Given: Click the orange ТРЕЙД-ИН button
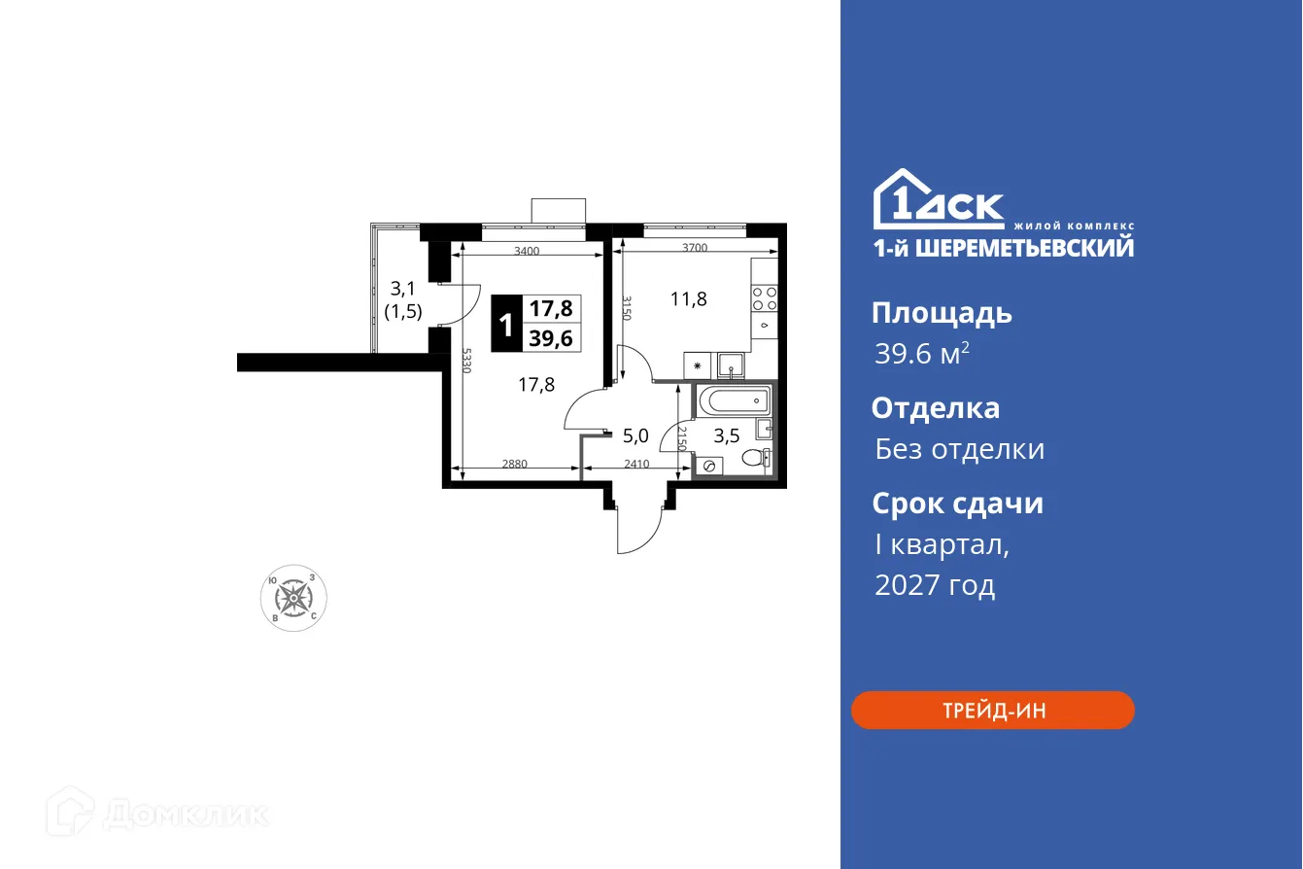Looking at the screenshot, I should click(992, 710).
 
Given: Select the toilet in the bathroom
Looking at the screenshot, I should click(755, 458).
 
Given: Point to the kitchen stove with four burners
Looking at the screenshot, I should click(765, 297).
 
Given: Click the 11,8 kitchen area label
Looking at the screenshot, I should click(688, 298).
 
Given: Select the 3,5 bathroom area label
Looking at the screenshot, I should click(727, 435).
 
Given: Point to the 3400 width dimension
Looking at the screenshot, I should click(527, 251).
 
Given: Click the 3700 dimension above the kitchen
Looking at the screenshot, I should click(694, 248).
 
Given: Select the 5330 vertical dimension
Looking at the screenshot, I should click(467, 362).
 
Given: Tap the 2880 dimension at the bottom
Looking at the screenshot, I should click(514, 464).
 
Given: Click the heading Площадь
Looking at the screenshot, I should click(942, 313).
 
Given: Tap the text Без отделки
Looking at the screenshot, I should click(959, 449).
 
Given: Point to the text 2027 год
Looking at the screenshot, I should click(934, 585).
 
